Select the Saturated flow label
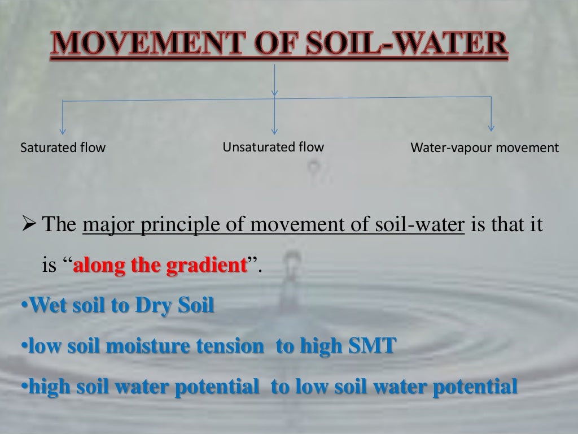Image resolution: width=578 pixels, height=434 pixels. tap(63, 149)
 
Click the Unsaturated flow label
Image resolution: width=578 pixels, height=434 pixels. tap(273, 147)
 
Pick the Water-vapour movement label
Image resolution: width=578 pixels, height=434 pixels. tap(484, 149)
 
